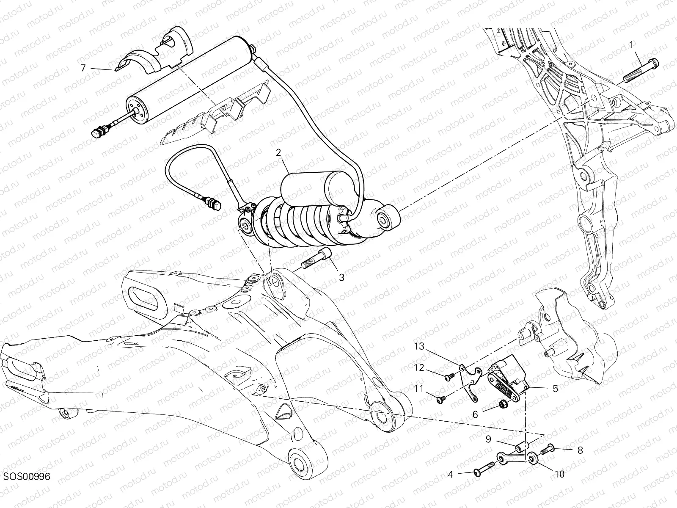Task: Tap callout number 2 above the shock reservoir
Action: pos(278,153)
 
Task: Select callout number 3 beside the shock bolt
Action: pos(341,278)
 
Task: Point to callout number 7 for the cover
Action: pos(83,68)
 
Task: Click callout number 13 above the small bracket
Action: pos(418,347)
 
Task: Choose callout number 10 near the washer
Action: pos(559,475)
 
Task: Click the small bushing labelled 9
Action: pos(520,447)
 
